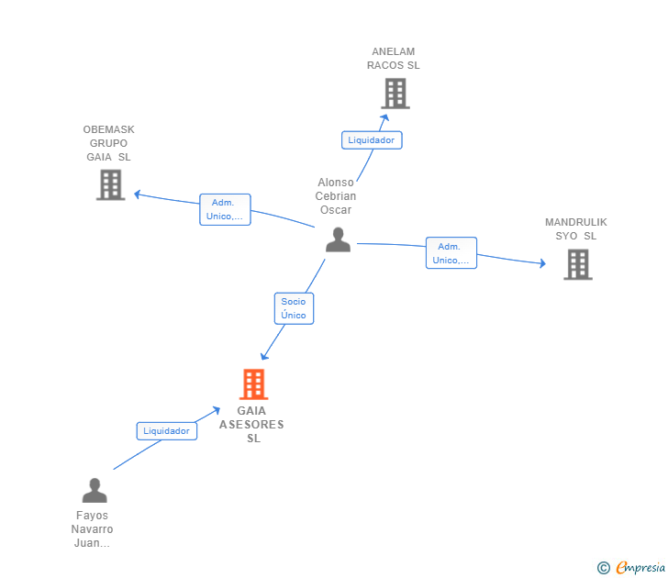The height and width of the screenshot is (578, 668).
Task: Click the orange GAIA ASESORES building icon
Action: pyautogui.click(x=253, y=384)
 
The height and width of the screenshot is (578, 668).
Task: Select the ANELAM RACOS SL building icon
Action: pyautogui.click(x=395, y=94)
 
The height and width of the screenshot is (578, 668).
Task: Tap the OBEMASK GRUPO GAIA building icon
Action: pyautogui.click(x=111, y=184)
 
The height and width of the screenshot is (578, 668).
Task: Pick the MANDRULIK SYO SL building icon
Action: pyautogui.click(x=578, y=264)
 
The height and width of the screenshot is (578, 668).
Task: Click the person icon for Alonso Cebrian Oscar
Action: pyautogui.click(x=339, y=239)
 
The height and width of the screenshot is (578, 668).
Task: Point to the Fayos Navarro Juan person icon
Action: pyautogui.click(x=95, y=490)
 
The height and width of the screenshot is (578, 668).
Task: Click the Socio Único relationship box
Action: pyautogui.click(x=294, y=308)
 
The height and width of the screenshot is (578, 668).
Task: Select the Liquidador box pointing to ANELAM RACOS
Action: pyautogui.click(x=372, y=140)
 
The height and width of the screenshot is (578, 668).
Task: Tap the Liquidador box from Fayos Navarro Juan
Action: pyautogui.click(x=167, y=431)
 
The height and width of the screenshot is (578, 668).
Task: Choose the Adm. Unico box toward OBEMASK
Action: pyautogui.click(x=225, y=209)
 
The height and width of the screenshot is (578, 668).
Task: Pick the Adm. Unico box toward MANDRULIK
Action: pyautogui.click(x=451, y=253)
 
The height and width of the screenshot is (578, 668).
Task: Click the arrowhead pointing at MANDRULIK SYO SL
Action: pyautogui.click(x=543, y=263)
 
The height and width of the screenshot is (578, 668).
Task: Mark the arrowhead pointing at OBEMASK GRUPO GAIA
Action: pyautogui.click(x=138, y=195)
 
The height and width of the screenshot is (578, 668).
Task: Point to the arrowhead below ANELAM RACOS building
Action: pyautogui.click(x=384, y=117)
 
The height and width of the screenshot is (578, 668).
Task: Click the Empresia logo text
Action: pyautogui.click(x=640, y=567)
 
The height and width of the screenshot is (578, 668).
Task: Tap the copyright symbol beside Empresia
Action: pyautogui.click(x=604, y=568)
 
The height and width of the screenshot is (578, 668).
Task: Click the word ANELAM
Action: pyautogui.click(x=394, y=51)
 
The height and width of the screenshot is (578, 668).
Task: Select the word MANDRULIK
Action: pyautogui.click(x=576, y=222)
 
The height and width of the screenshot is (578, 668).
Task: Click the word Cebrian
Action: pyautogui.click(x=336, y=196)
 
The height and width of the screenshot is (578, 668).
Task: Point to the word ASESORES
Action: pyautogui.click(x=251, y=425)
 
